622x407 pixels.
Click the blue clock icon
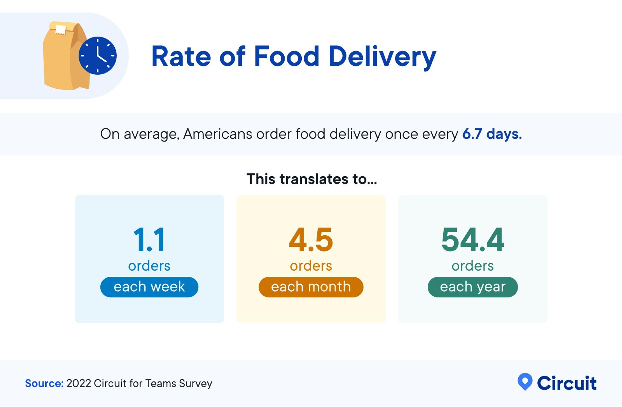[x=98, y=56]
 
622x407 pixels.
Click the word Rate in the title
[x=181, y=56]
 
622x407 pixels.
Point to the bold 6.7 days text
[x=492, y=134]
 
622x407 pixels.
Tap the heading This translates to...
[x=311, y=179]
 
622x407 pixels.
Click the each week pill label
[x=149, y=287]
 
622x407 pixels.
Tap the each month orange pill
[x=311, y=287]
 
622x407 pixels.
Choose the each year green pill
[x=472, y=287]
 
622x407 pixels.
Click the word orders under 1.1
[x=149, y=266]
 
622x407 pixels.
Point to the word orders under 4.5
[x=311, y=266]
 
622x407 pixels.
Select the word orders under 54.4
[x=472, y=266]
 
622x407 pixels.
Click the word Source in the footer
[x=44, y=383]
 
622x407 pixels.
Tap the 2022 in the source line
[x=79, y=383]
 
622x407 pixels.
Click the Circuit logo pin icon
[x=525, y=381]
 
